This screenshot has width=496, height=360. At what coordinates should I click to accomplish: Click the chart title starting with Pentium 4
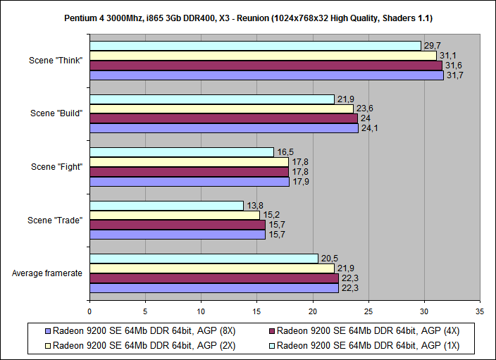pos(247,15)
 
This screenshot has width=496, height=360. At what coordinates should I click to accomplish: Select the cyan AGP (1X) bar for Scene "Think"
pos(255,46)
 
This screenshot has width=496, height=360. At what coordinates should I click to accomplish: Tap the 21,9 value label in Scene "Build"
pos(344,99)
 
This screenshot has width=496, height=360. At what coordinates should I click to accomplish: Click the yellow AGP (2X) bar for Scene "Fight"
pos(189,162)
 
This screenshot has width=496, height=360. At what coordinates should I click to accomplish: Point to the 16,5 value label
pos(283,152)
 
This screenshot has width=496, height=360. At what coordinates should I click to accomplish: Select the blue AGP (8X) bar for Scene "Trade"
pos(178,235)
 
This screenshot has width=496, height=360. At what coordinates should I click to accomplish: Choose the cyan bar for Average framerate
pos(204,259)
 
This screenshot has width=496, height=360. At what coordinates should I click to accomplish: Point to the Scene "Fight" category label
pos(57,167)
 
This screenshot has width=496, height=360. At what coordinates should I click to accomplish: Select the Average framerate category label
pos(49,273)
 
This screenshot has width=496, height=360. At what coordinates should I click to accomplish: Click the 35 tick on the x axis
pos(480,310)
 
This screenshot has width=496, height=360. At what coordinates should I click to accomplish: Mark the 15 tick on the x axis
pos(256,310)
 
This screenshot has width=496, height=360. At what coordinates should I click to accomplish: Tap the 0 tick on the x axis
pos(89,310)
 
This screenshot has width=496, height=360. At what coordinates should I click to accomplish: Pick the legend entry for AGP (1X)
pos(368,345)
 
